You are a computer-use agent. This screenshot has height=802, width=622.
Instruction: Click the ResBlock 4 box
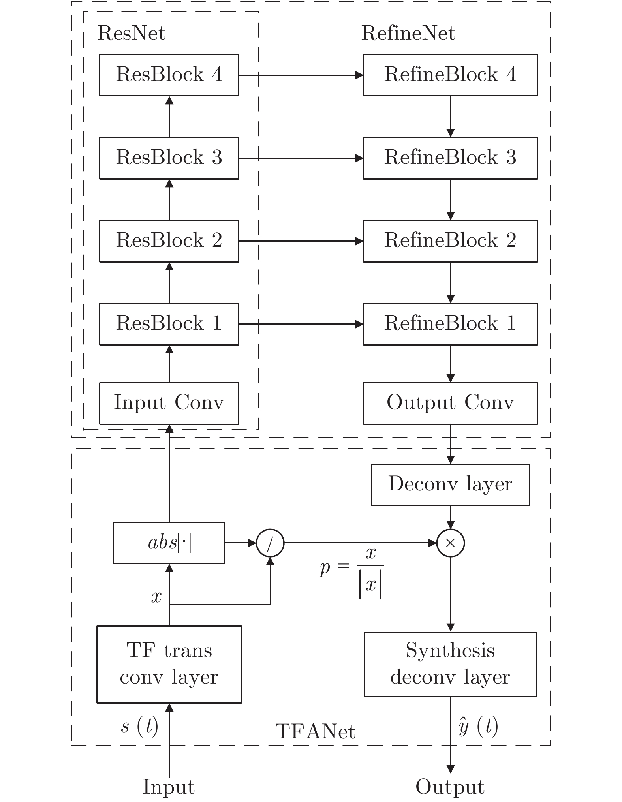pos(169,75)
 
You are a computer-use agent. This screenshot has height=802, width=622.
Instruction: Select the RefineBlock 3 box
pos(450,158)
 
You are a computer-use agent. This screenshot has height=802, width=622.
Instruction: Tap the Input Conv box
pos(169,403)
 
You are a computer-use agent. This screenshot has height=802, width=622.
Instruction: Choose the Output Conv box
pos(450,403)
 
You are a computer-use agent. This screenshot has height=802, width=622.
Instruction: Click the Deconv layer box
pos(450,485)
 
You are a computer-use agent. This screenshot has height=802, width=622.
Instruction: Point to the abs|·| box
pos(169,543)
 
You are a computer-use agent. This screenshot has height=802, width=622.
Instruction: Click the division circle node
pos(270,543)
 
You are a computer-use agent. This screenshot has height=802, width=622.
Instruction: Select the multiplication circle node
pos(450,543)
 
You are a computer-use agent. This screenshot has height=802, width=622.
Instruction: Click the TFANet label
pos(315,732)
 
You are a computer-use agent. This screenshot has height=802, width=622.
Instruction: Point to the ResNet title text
pos(131,33)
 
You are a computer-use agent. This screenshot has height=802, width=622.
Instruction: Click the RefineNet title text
pos(408,33)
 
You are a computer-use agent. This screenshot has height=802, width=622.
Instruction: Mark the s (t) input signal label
pos(139,726)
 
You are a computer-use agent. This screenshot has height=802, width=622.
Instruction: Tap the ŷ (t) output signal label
pos(478,726)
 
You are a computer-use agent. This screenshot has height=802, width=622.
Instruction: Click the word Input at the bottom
pos(169,787)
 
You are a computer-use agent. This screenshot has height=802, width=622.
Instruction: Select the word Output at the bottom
pos(450,787)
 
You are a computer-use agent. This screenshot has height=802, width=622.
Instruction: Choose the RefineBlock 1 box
pos(450,324)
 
